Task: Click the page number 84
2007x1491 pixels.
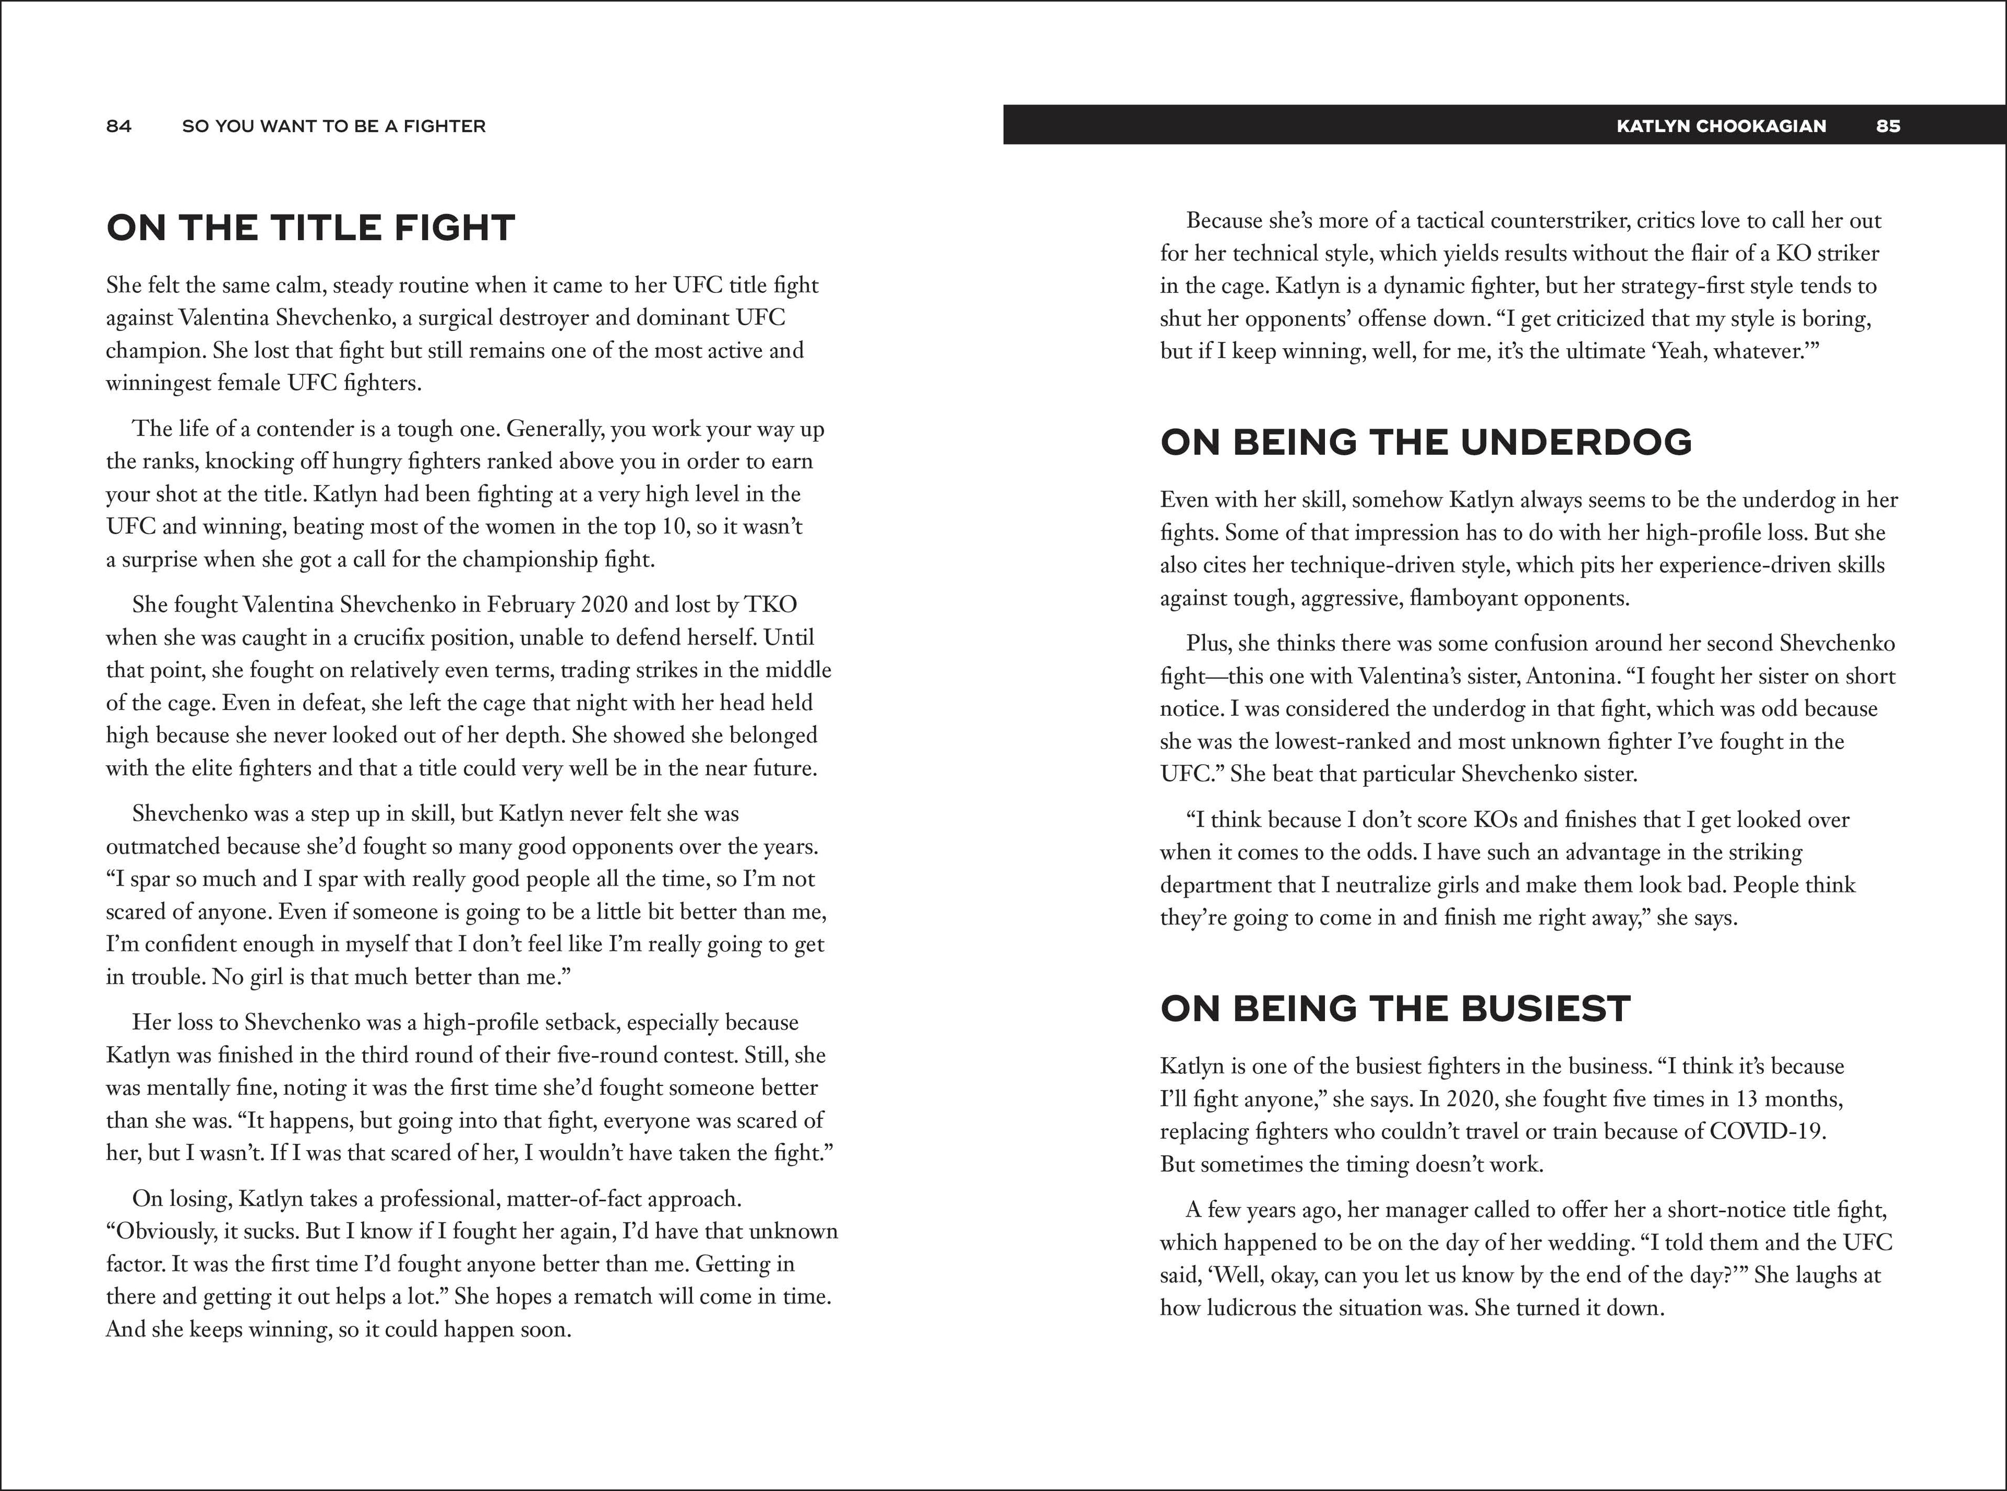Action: tap(118, 127)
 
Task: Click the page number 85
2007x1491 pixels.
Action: tap(1888, 127)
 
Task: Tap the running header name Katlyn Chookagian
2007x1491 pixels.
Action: tap(1721, 127)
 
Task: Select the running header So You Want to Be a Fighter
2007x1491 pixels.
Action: tap(334, 127)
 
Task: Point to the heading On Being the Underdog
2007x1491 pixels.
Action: tap(1426, 442)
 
